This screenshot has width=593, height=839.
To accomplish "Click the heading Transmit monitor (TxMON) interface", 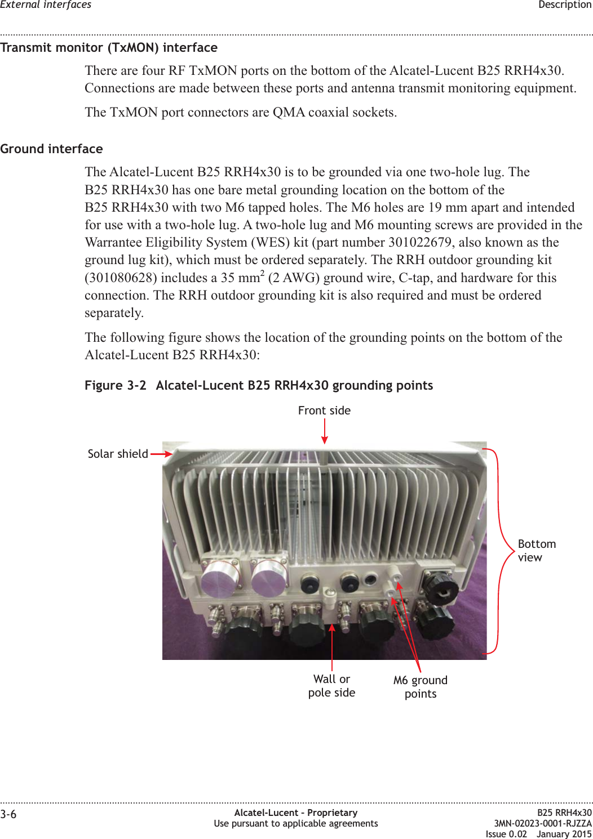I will coord(109,48).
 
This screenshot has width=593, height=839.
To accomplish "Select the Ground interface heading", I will coord(52,149).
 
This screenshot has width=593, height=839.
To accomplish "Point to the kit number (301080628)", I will coord(121,278).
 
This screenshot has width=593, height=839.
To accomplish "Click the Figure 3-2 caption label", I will coord(115,386).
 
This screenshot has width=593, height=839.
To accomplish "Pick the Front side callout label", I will coord(324,411).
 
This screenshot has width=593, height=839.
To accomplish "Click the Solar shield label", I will coord(118,454).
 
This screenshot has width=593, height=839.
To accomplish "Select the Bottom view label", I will coord(536,551).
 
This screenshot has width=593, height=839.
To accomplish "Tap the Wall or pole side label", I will coord(331,686).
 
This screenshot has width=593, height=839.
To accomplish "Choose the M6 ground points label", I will coord(421,687).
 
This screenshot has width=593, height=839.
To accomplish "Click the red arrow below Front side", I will coord(325,431).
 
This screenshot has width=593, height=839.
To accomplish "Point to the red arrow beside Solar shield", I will coord(161,454).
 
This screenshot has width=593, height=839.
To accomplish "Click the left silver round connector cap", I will coord(220,578).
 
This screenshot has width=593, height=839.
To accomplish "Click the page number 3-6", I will coord(8,814).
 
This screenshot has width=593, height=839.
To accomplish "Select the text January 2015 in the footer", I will coord(564,834).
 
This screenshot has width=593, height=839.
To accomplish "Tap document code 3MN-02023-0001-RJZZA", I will coord(543,823).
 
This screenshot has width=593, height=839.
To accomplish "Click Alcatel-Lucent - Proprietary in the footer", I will coord(296,813).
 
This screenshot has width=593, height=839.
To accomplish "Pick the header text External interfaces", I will coord(46,5).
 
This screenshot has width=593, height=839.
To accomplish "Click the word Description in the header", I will coord(565,5).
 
